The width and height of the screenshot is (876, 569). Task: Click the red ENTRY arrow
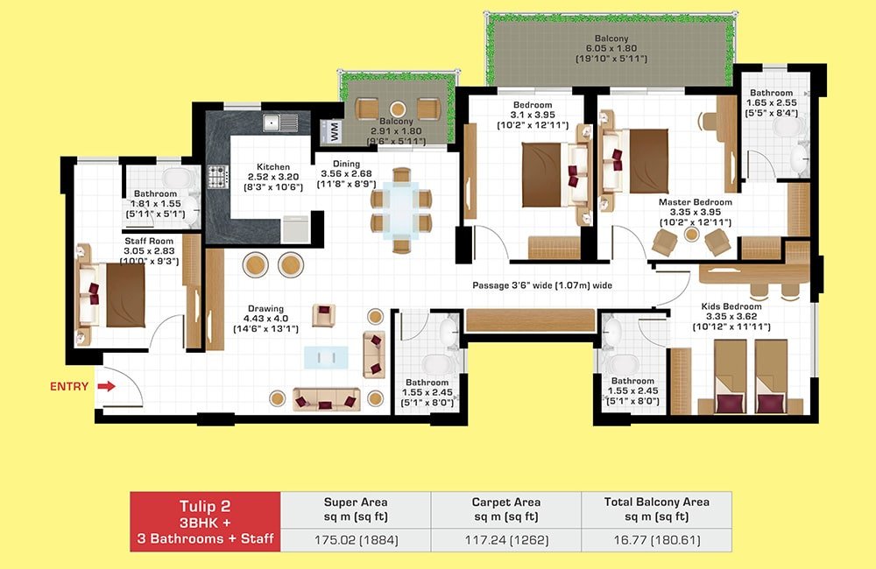(x=106, y=386)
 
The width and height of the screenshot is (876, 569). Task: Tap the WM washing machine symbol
(x=333, y=132)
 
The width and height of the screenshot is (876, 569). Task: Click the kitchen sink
(x=280, y=122)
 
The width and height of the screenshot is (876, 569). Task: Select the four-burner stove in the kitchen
(x=218, y=177)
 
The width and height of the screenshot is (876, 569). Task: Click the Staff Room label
(x=149, y=242)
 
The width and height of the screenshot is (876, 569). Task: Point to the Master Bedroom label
(x=695, y=202)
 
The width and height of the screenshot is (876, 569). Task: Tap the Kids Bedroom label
(x=731, y=306)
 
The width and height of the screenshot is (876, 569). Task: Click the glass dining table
(x=401, y=210)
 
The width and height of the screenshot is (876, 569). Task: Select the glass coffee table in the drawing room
(x=326, y=357)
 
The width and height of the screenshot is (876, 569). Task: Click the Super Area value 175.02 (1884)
(x=356, y=540)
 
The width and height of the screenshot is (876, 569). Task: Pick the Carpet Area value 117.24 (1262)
(x=506, y=540)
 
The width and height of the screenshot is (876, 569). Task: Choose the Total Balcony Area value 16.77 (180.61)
(x=656, y=540)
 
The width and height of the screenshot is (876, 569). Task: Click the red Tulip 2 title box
(x=205, y=522)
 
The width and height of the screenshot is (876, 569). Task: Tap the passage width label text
(x=542, y=285)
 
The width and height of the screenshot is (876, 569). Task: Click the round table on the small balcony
(x=398, y=109)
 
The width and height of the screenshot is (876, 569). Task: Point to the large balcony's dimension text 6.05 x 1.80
(x=611, y=48)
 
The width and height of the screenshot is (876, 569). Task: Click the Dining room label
(x=346, y=164)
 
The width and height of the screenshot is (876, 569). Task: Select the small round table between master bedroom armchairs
(x=692, y=235)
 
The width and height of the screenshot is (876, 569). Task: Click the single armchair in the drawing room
(x=323, y=315)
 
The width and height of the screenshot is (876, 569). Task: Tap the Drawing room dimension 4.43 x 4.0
(x=266, y=319)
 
